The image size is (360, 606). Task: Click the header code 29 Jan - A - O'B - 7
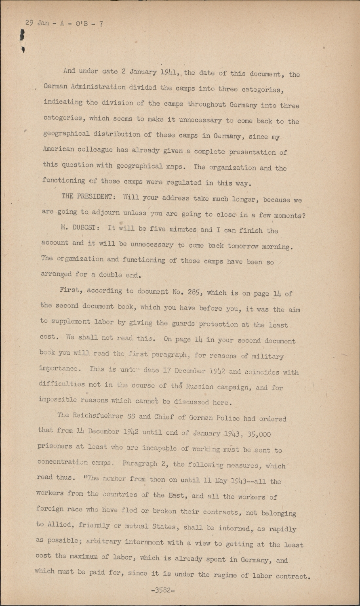tap(64, 23)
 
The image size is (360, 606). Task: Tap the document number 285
tap(187, 292)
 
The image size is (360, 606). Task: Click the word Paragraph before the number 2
tap(143, 465)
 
